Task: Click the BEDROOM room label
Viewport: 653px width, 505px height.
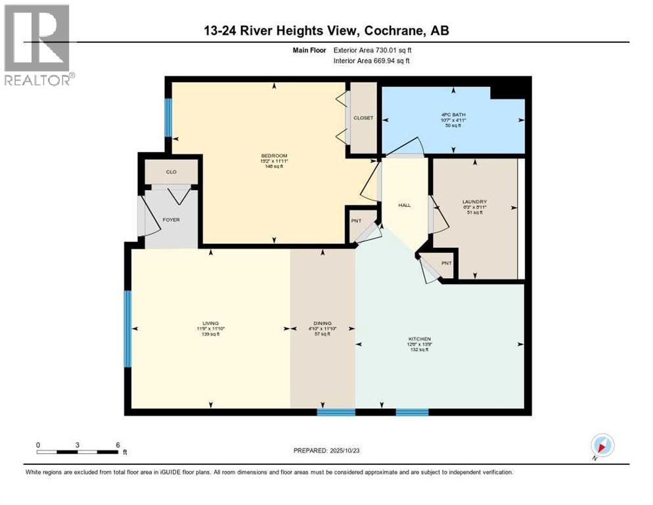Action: tap(274, 156)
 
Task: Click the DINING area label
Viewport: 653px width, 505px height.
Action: tap(322, 324)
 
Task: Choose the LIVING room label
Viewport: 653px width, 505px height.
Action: tap(210, 324)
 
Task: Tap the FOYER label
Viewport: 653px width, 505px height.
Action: tap(171, 220)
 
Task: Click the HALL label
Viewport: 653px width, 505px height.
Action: tap(404, 205)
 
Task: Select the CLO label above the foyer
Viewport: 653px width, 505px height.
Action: tap(171, 172)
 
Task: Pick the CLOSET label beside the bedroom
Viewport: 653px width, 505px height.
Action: tap(363, 118)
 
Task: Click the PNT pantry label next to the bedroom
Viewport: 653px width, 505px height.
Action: tap(355, 221)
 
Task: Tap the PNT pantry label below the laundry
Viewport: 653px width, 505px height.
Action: tap(447, 263)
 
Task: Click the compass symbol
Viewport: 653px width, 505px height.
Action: tap(602, 446)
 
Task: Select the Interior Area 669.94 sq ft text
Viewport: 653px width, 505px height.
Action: tap(376, 61)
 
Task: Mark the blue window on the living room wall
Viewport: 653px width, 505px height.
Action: tap(128, 329)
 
